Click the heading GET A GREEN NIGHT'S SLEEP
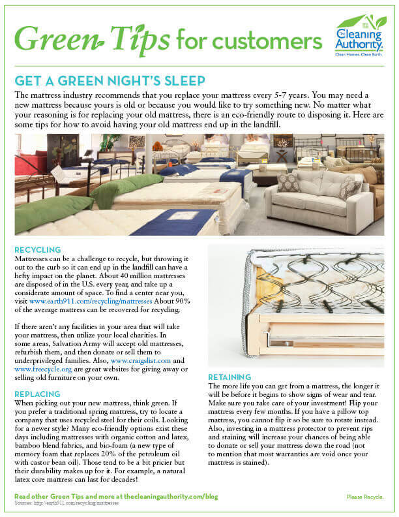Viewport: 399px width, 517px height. coord(110,80)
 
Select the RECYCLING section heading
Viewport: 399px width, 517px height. coord(37,249)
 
